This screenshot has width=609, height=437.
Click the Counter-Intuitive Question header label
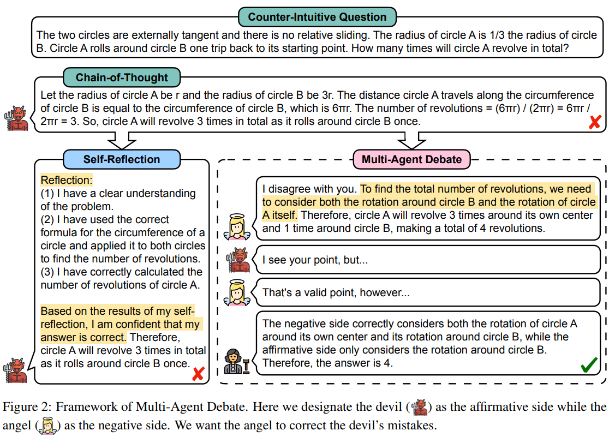[317, 16]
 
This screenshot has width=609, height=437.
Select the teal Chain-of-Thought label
[122, 77]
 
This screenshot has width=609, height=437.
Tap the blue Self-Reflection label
[122, 159]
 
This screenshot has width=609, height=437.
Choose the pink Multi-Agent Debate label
[411, 159]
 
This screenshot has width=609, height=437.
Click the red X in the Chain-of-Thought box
[595, 123]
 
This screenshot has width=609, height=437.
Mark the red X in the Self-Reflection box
[198, 374]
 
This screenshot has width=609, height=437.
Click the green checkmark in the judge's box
[589, 364]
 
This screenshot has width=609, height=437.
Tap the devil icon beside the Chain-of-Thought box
[17, 118]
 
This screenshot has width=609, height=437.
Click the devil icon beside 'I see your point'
[238, 260]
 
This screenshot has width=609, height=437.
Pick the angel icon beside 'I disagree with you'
[238, 226]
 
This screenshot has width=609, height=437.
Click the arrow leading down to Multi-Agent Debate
[411, 140]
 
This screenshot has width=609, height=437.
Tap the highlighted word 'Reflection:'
[67, 179]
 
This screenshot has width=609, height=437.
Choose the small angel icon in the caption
[48, 426]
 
